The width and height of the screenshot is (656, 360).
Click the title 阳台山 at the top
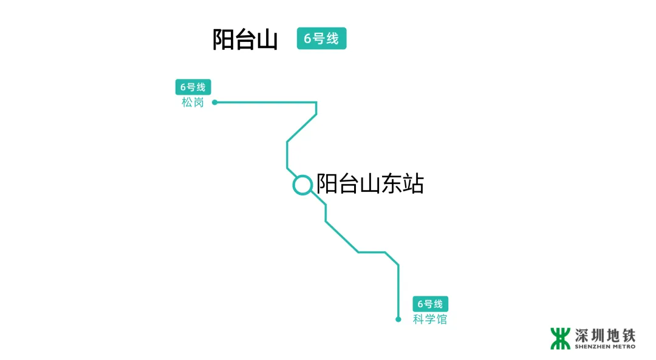point(245,39)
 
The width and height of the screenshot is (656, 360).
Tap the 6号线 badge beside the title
point(321,38)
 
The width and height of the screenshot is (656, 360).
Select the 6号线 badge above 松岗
point(193,87)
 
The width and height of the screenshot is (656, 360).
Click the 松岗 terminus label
point(193,103)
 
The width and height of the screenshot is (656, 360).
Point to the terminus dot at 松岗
point(214,103)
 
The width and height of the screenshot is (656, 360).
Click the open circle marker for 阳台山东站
point(302,185)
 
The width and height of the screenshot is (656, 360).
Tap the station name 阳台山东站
point(370,183)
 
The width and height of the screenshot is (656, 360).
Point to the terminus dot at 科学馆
point(398,319)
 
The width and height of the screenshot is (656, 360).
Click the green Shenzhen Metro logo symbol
point(561,339)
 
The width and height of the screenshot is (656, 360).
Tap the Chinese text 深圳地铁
point(605,335)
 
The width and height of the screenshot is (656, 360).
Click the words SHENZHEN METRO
point(605,347)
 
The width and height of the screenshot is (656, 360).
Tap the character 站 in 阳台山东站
point(413,183)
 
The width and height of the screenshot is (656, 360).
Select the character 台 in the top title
point(245,39)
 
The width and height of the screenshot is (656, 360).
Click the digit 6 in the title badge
point(307,39)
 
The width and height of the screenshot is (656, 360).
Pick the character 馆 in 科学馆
point(441,319)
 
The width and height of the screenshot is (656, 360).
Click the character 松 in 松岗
point(187,103)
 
